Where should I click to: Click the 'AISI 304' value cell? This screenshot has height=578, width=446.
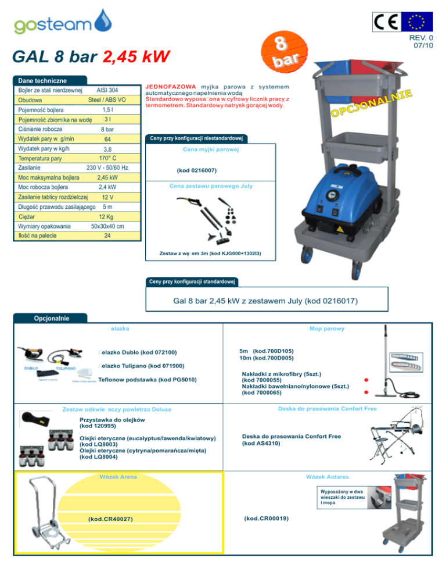[107, 90]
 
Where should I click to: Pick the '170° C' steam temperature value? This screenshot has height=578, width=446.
[107, 158]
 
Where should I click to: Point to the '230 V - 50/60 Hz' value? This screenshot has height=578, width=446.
[107, 167]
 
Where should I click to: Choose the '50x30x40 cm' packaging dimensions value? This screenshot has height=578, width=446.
[107, 226]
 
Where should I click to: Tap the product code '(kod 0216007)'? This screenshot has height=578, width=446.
[197, 171]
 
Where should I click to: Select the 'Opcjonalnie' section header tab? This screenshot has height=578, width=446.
[52, 318]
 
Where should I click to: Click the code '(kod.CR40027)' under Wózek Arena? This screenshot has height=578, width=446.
[110, 519]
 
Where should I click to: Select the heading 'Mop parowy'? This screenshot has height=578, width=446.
[328, 329]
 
